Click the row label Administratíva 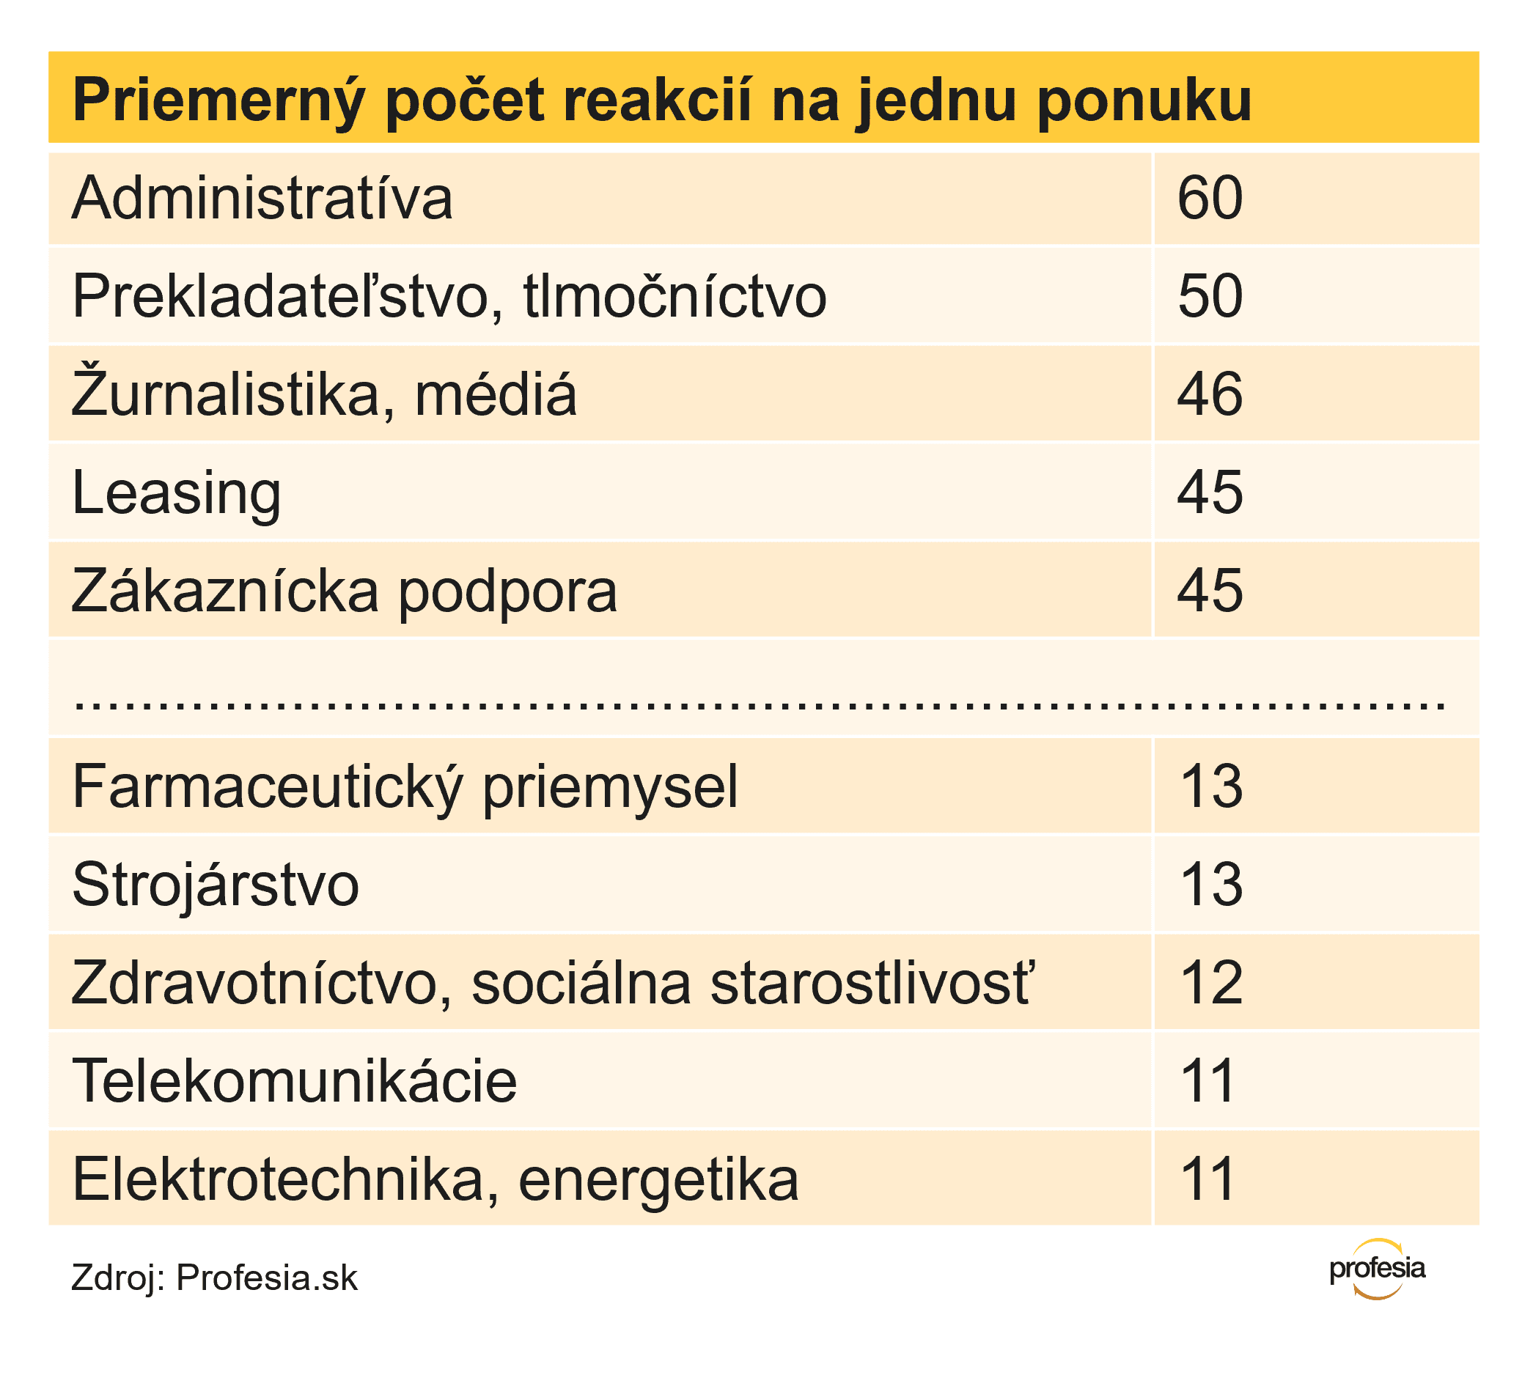pyautogui.click(x=262, y=198)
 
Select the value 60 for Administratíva pyautogui.click(x=1209, y=198)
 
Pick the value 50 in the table pyautogui.click(x=1209, y=296)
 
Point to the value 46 pyautogui.click(x=1209, y=394)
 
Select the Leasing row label pyautogui.click(x=176, y=493)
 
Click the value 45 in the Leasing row pyautogui.click(x=1209, y=493)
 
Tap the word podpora pyautogui.click(x=508, y=591)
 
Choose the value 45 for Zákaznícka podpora pyautogui.click(x=1209, y=591)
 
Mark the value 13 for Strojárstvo pyautogui.click(x=1210, y=885)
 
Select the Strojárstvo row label pyautogui.click(x=216, y=885)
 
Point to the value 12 pyautogui.click(x=1210, y=983)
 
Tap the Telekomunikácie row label pyautogui.click(x=294, y=1081)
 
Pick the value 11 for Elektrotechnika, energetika pyautogui.click(x=1207, y=1179)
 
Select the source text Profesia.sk pyautogui.click(x=267, y=1278)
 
